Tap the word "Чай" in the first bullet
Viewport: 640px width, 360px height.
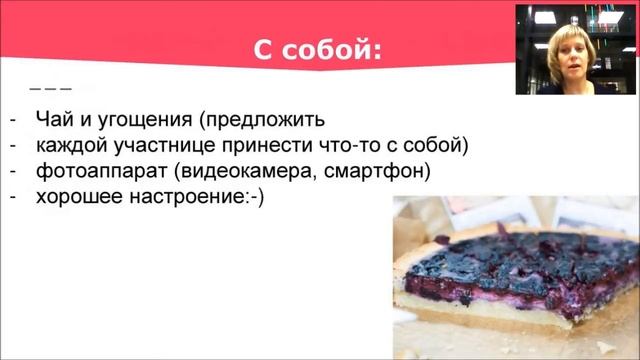coord(52,121)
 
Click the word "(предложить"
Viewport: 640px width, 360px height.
coord(262,121)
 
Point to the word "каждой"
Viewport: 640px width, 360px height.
coord(70,146)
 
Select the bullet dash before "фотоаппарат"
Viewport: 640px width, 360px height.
coord(11,171)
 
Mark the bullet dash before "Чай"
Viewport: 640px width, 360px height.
coord(11,121)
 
